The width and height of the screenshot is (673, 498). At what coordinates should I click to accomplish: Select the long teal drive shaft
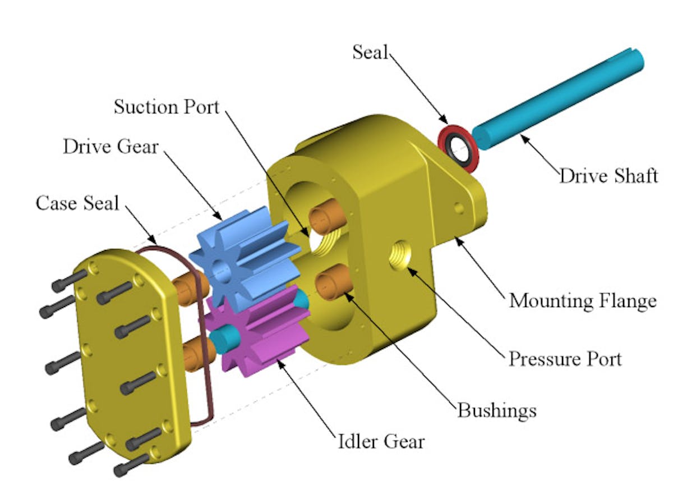557,99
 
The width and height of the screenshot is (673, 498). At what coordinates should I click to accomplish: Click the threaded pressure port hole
400,255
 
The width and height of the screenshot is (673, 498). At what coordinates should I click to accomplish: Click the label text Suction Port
166,107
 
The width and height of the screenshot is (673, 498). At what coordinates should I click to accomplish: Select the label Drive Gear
110,147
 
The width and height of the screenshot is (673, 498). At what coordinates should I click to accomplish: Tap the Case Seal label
77,203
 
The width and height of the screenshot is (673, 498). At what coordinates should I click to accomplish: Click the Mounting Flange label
583,301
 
